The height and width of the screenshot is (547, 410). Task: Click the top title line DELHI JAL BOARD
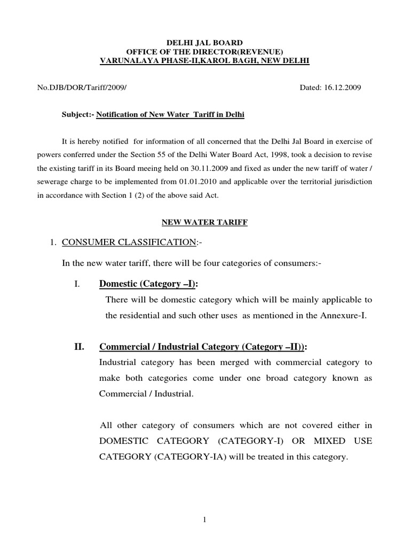click(x=205, y=42)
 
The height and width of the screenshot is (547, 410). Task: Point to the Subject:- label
click(x=78, y=114)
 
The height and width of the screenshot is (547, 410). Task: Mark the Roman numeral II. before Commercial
click(x=80, y=347)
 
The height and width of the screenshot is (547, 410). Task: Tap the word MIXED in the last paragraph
click(x=305, y=441)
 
